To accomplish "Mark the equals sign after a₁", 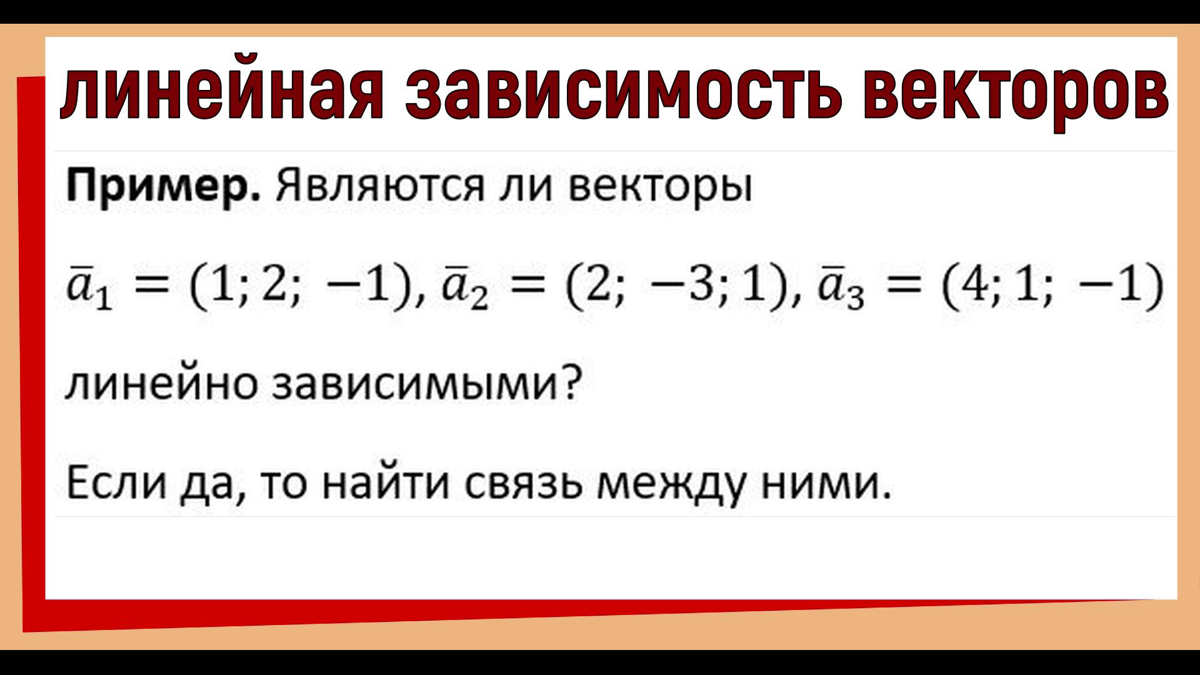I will (149, 289).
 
